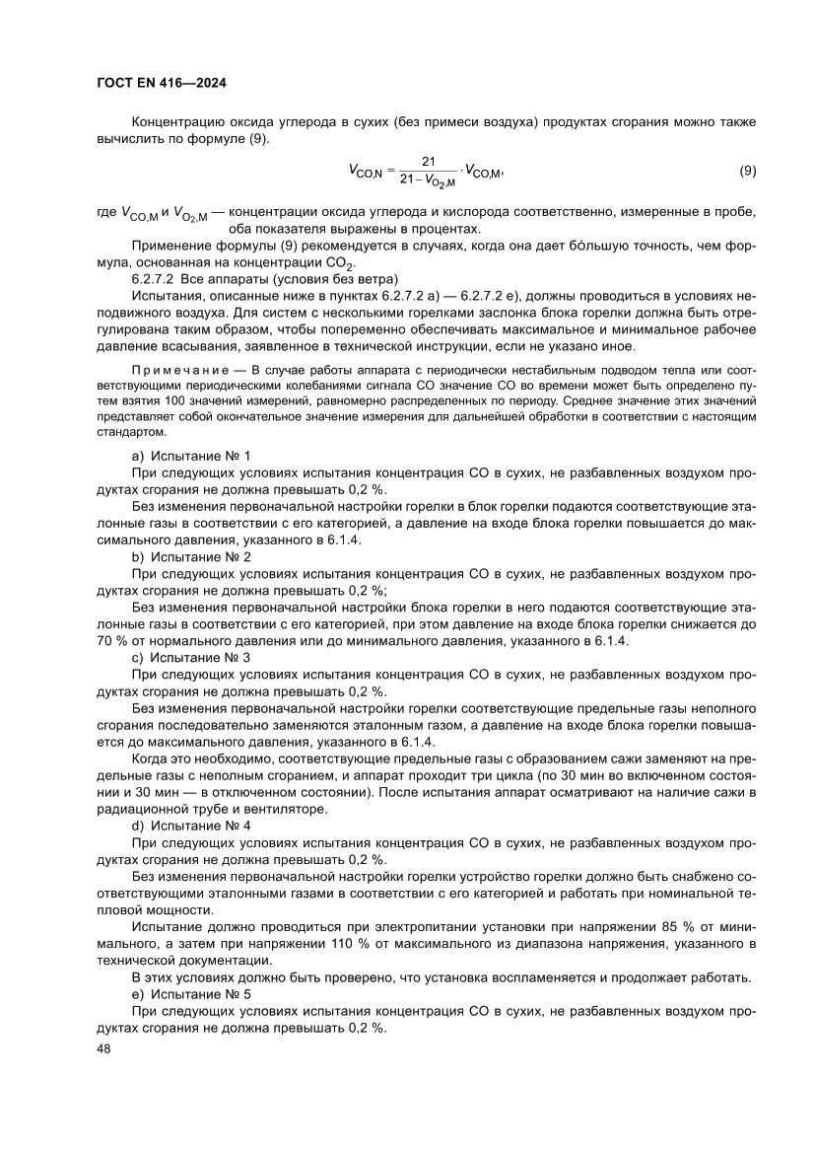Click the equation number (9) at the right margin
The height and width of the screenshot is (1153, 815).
(748, 170)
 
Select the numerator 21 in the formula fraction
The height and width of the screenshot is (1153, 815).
(429, 161)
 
